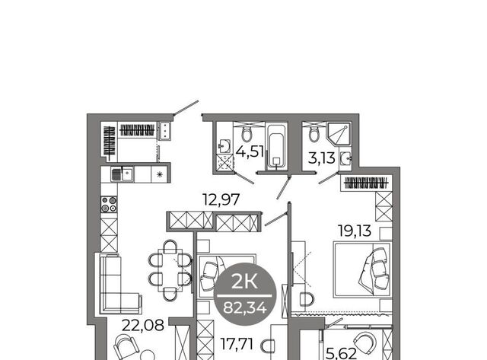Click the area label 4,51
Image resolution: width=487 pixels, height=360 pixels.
tap(250, 152)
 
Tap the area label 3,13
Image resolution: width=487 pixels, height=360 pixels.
tap(322, 158)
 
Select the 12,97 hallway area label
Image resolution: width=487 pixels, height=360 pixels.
tap(221, 199)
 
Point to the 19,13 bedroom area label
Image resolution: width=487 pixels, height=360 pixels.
tap(355, 231)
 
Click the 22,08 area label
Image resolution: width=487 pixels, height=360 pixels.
tap(143, 326)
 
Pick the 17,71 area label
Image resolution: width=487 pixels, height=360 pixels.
tap(237, 344)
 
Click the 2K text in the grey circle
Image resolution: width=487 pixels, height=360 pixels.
tap(244, 282)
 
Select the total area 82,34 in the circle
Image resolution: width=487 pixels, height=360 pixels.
tap(245, 307)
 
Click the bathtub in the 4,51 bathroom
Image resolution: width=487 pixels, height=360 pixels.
tap(277, 147)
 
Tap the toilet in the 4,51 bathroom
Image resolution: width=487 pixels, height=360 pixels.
tap(247, 134)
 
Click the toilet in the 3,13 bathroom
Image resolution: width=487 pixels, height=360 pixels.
tap(314, 134)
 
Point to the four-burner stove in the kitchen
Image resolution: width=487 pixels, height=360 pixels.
tap(109, 205)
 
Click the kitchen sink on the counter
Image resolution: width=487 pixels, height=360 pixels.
tap(123, 174)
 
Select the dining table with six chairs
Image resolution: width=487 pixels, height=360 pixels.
tap(170, 270)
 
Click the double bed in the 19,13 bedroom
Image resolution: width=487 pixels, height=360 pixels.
tap(362, 269)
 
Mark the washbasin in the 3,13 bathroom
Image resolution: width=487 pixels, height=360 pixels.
tap(345, 159)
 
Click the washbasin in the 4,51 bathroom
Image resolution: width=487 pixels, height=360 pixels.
tap(224, 145)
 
